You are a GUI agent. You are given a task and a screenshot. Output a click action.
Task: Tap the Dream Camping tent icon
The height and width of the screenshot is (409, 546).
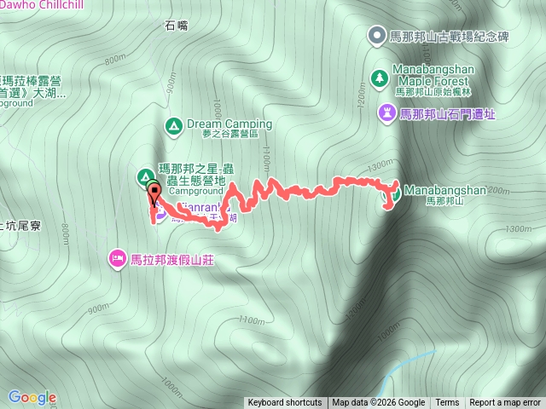click(x=173, y=124)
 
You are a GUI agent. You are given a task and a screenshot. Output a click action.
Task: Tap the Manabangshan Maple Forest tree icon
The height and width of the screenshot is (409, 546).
click(x=379, y=78)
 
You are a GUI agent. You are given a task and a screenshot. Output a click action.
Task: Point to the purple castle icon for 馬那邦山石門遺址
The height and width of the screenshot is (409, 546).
click(x=388, y=112)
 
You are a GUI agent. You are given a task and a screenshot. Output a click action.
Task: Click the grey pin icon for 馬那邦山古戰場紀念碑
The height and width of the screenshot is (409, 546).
click(x=376, y=35)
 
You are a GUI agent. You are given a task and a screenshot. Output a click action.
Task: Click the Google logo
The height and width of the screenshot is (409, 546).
click(x=32, y=397)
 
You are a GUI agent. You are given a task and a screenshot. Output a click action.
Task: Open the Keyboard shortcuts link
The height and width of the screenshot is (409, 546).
click(x=285, y=403)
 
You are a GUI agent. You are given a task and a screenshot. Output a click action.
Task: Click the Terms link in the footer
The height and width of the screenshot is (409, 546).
click(x=447, y=403)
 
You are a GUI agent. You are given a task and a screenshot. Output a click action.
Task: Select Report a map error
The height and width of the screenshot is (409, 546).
click(x=505, y=403)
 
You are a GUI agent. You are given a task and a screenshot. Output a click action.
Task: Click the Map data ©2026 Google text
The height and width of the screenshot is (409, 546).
click(x=378, y=403)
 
